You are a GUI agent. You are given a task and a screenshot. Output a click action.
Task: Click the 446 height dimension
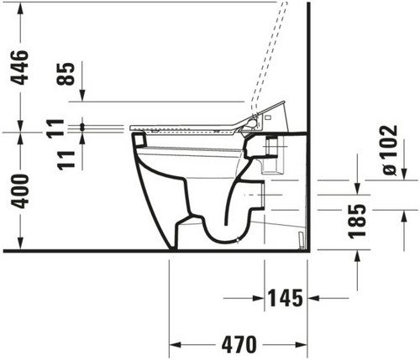coord(19,67)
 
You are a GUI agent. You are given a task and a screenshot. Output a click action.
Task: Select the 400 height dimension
coord(19,191)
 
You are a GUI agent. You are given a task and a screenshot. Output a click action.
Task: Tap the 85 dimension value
coord(66,74)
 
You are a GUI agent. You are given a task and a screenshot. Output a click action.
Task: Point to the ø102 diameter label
coord(390,150)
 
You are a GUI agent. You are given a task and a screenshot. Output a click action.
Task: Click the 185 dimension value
coord(357,222)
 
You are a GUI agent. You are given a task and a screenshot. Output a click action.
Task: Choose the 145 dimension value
coord(286,298)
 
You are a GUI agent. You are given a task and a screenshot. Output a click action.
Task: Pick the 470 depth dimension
coord(239,344)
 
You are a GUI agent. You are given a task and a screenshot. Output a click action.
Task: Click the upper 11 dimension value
coord(55,129)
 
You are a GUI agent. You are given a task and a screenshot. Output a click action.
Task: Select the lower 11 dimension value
coord(66,160)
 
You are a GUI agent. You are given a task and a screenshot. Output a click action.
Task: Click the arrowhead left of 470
coord(176,345)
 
